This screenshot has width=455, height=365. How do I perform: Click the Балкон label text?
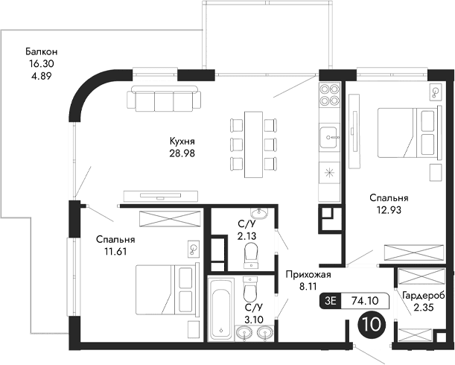point(41,51)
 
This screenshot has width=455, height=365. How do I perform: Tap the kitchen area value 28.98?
point(182,153)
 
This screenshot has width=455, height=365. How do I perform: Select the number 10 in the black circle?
point(371,323)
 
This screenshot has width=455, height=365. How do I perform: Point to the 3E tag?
point(331,301)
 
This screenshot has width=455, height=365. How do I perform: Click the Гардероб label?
point(423,296)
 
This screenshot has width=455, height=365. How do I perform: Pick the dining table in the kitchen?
point(254,145)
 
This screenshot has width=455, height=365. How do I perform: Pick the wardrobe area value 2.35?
point(423,308)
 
